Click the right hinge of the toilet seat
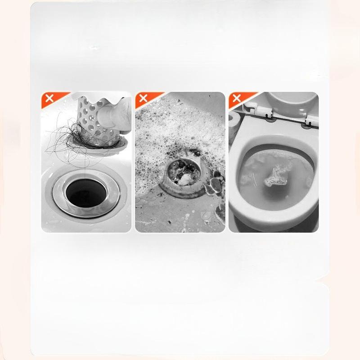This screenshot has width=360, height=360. (310, 119)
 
